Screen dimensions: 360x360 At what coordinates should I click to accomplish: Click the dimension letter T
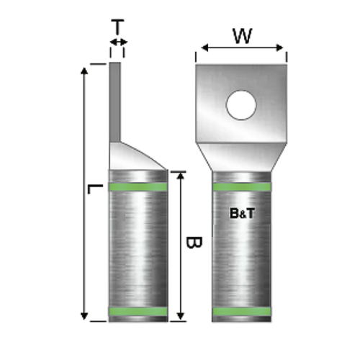pos(117,27)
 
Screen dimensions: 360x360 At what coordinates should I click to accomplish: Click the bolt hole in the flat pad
pos(242,105)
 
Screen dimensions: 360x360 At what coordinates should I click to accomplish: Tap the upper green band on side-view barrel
pos(138,187)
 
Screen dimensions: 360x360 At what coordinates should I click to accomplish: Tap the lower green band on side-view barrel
pos(138,312)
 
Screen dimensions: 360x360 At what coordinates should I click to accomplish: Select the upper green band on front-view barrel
pos(242,187)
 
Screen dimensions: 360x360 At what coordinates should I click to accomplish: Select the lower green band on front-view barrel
pos(242,312)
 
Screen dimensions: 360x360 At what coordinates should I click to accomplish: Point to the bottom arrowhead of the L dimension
pos(84,317)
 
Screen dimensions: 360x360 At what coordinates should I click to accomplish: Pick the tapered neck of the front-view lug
pos(242,155)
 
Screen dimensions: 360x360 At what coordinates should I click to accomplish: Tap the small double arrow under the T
pos(117,45)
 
